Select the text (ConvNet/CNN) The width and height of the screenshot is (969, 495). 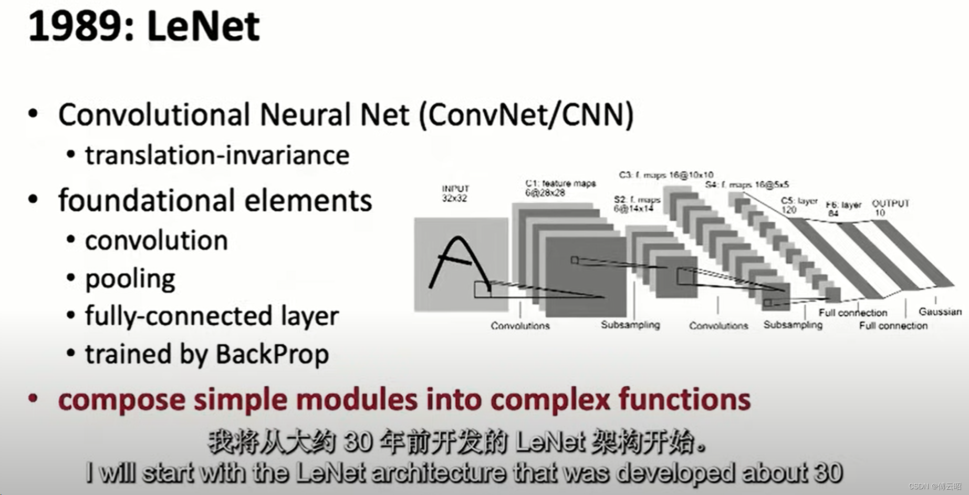coord(526,115)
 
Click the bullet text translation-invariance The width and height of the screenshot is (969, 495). coord(217,155)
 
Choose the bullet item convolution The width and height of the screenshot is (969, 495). coord(157,241)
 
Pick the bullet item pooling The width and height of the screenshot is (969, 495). coord(130,279)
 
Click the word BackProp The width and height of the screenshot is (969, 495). coord(272,354)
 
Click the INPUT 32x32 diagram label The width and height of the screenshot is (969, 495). coord(455,193)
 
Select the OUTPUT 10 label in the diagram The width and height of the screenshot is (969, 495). coord(890,208)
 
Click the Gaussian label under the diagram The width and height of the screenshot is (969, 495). coord(940,312)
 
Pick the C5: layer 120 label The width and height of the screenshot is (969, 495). coord(798,205)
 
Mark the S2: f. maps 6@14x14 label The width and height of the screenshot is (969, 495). coord(637,204)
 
